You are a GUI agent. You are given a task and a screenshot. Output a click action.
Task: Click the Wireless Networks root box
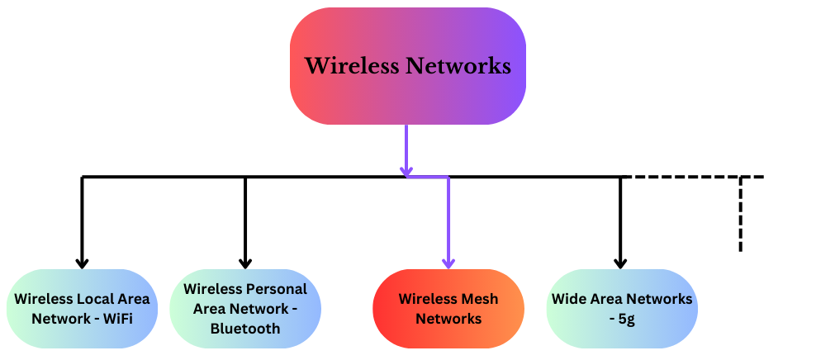point(407,66)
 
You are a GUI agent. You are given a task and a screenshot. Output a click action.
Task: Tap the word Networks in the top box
point(458,66)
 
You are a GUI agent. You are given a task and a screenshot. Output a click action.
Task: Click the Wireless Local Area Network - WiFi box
point(82,309)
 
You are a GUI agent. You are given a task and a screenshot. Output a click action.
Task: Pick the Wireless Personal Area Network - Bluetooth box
point(244,309)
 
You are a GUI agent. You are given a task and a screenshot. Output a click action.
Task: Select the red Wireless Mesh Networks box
point(448,309)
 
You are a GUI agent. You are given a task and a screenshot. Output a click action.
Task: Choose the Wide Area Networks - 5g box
point(621,309)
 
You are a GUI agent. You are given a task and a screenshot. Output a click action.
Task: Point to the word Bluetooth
point(245,328)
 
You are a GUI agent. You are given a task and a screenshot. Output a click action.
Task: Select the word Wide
point(569,299)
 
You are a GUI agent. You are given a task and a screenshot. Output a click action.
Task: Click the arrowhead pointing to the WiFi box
point(82,263)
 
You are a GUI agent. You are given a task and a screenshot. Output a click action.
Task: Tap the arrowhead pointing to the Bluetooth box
point(244,263)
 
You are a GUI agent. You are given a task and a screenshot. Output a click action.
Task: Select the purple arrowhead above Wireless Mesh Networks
point(448,263)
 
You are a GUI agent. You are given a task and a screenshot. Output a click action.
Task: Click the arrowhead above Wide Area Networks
point(620,263)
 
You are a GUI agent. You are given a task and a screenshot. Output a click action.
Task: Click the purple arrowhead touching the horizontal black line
point(406,172)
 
